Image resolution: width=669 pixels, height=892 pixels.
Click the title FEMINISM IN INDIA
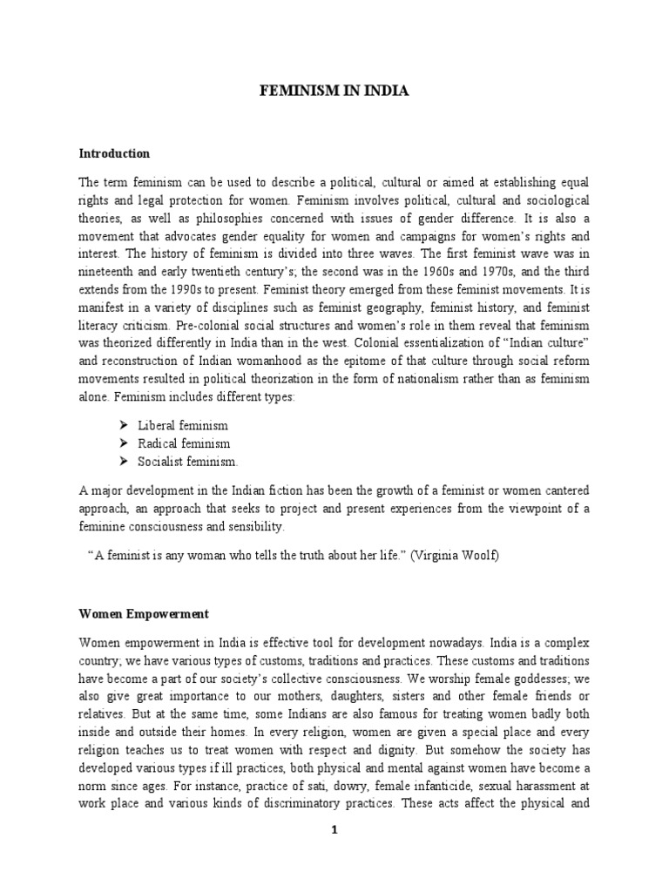[334, 91]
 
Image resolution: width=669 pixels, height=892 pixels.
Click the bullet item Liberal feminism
[183, 425]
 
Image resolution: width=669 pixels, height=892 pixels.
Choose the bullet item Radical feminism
[184, 443]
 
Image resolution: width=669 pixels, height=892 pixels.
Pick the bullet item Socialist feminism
[187, 462]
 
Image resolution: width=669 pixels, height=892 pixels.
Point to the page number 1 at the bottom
[334, 830]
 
